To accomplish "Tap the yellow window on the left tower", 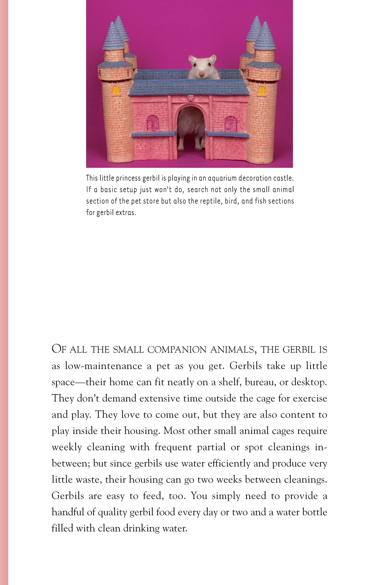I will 116,90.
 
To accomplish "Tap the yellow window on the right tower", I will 261,90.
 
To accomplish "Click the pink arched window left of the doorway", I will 153,123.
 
